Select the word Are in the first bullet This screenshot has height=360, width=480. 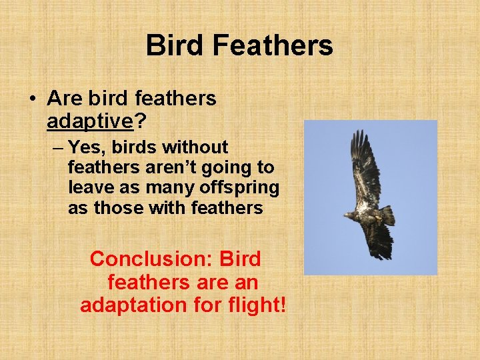pos(64,99)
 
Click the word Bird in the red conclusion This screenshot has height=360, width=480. pos(240,259)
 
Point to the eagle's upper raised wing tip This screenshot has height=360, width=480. pos(361,137)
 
